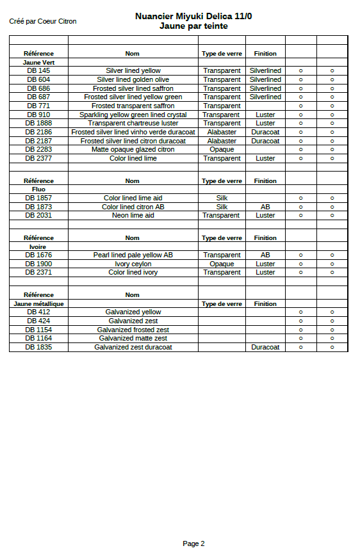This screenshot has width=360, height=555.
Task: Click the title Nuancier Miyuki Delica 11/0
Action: click(193, 17)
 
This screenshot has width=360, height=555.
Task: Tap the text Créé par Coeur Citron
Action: click(43, 21)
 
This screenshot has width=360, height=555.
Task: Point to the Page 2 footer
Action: click(193, 543)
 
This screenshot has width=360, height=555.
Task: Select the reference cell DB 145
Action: click(38, 70)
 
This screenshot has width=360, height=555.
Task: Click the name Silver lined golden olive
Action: click(133, 79)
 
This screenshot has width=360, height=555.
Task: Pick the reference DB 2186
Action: click(38, 132)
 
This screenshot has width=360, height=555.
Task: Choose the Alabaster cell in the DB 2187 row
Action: click(222, 141)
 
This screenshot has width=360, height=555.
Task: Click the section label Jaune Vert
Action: click(38, 62)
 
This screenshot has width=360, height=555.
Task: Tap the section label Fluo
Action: click(38, 189)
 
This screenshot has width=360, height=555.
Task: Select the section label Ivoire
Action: click(38, 246)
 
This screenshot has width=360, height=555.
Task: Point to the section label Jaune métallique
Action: click(38, 303)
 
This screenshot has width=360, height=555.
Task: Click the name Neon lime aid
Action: click(133, 216)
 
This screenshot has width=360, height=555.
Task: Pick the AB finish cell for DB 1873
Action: click(265, 207)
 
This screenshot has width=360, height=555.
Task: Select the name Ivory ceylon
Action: click(133, 264)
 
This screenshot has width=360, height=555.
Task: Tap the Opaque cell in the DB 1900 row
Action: click(222, 264)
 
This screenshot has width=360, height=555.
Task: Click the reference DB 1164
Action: click(38, 338)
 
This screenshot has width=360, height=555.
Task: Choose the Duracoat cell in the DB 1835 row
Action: click(265, 347)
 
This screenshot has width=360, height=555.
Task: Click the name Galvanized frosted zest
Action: click(133, 330)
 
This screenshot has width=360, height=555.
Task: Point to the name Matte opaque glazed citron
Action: click(133, 149)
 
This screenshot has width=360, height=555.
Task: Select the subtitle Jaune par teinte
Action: click(193, 26)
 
